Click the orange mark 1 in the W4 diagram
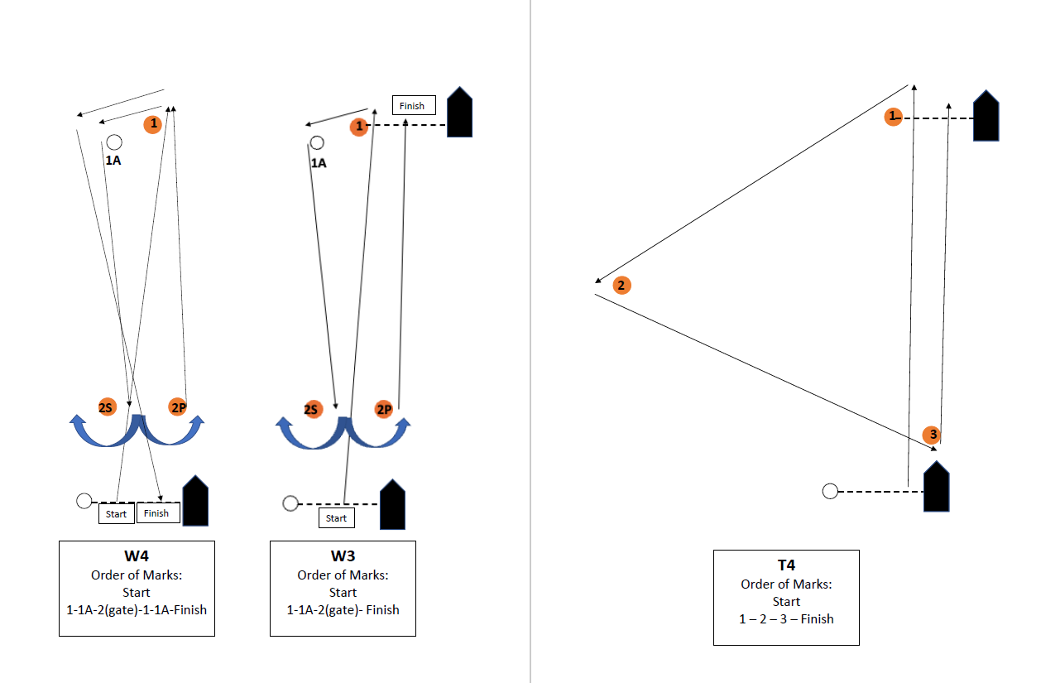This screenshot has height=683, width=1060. pos(152,124)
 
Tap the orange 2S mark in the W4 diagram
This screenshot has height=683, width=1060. pos(106,407)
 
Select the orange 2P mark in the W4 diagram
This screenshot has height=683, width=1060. pos(178,406)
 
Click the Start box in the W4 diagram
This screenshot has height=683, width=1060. pos(117,514)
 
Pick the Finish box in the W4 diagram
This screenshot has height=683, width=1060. pos(157,513)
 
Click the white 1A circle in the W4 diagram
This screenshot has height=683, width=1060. pos(114,142)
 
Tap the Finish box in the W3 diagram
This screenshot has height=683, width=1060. pos(413,105)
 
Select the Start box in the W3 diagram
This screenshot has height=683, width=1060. pos(336,518)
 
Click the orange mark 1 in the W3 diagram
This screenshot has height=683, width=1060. pos(358,127)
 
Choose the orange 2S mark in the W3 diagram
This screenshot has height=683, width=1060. pos(311,410)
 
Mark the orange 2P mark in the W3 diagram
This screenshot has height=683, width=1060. pos(383,410)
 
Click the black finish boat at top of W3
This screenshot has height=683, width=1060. pos(459,112)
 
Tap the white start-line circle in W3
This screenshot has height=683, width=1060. pos(290,503)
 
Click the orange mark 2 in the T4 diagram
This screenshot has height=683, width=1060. pos(621,286)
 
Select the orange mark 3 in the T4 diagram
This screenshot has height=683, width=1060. pos(933,435)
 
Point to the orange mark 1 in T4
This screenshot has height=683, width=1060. pos(892,117)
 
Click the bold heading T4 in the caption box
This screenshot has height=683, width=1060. pos(786,565)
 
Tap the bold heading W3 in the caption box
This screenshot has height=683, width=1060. pos(343,556)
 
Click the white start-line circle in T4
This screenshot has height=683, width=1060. pos(830,491)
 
